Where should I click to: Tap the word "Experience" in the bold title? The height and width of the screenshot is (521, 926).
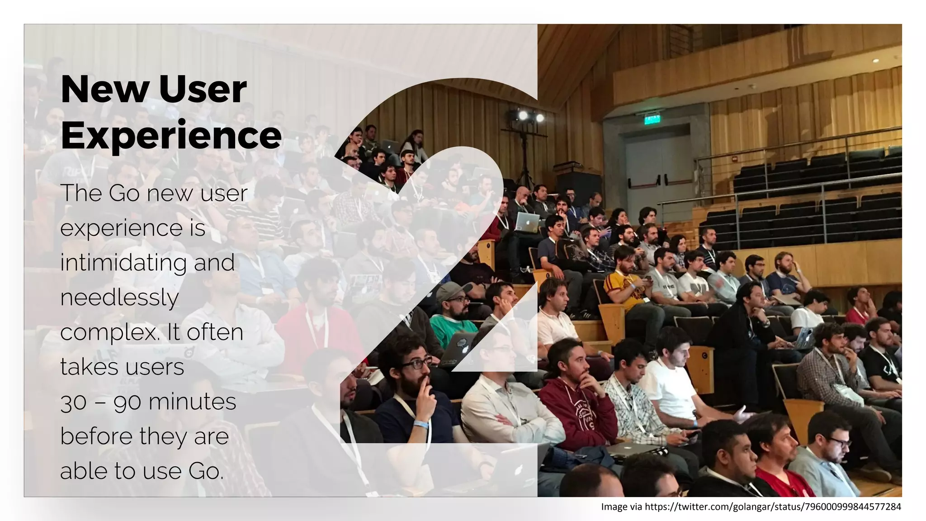pos(171,135)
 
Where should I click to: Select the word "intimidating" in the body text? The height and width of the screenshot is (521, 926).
pos(123,262)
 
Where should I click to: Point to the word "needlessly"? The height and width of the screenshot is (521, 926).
pos(119,298)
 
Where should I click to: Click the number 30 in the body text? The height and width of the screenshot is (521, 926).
pos(73,402)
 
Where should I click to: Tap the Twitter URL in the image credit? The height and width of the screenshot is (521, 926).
pos(773,507)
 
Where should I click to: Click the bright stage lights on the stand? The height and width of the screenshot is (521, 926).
pos(531,117)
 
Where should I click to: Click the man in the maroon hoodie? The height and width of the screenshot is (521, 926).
pos(576,398)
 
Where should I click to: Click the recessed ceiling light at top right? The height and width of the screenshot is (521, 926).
pos(876,60)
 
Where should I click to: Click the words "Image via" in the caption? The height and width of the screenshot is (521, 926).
pos(621,507)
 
